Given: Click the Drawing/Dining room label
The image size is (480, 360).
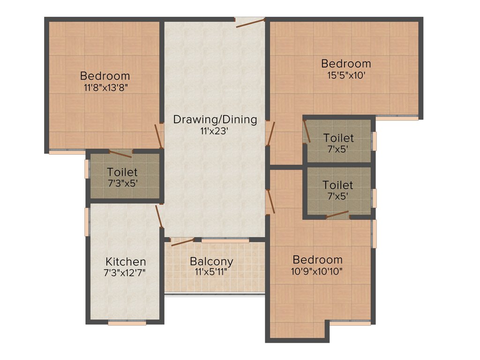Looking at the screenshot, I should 215,119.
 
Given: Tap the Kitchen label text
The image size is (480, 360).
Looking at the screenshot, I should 125,262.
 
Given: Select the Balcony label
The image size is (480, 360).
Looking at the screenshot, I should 211,261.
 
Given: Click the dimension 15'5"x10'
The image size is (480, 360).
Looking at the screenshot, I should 345,75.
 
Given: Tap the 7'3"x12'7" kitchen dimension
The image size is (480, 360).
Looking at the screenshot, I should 125,273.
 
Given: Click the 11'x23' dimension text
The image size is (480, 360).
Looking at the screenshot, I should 214,131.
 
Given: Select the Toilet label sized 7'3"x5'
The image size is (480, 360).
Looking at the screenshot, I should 122,172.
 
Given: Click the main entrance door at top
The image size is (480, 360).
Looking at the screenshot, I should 251,22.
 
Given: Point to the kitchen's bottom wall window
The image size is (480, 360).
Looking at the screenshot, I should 127,322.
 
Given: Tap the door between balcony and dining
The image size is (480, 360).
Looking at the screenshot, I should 182,242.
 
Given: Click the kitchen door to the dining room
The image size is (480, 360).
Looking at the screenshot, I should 159,216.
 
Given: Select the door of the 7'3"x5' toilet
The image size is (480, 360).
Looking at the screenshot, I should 120,154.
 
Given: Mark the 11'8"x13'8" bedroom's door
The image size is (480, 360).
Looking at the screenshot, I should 160,136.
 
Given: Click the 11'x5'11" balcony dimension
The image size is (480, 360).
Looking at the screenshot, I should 211,272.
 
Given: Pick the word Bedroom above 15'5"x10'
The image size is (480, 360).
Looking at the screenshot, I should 345,63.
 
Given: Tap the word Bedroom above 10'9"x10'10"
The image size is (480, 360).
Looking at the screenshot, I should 317,259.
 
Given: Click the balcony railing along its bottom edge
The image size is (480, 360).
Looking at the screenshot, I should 215,294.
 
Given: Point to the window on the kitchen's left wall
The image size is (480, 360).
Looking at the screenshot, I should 87,221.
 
